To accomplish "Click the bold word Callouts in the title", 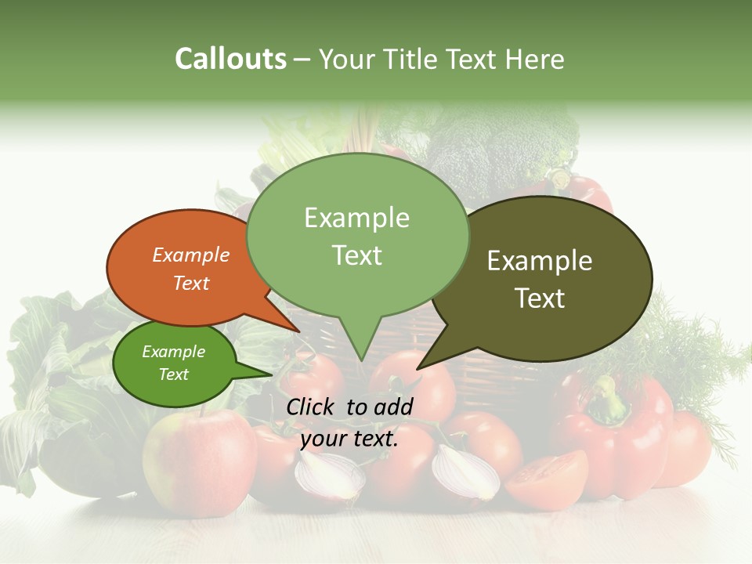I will coord(230,59).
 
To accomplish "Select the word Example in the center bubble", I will coord(356,218).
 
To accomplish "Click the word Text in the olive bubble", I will coord(540,298).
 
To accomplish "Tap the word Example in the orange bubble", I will coord(190,255).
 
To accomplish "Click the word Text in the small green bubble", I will coord(173,374).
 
